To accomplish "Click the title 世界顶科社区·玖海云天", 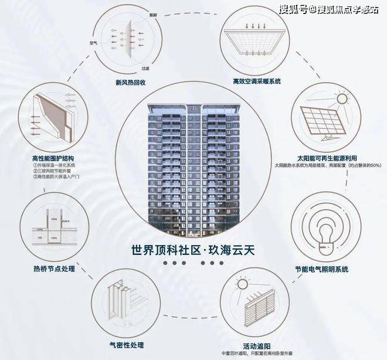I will (193, 249).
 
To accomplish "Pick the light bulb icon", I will (322, 226).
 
